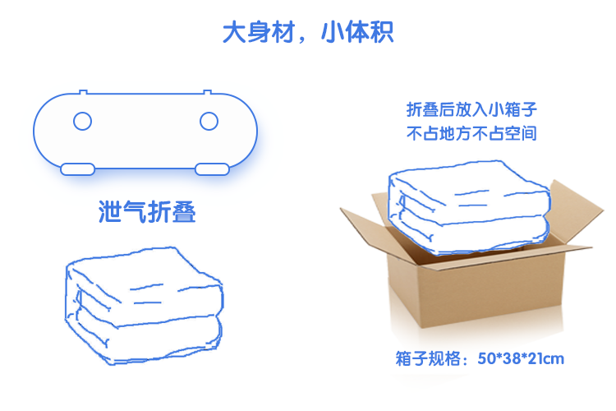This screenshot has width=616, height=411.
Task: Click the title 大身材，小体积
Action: pos(308,32)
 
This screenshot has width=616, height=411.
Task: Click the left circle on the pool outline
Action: pos(82,121)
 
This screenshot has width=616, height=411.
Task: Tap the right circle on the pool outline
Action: pos(209,121)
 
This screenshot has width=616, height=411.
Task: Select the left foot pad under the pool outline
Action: pos(78,169)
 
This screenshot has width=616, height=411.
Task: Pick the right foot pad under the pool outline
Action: pos(212,169)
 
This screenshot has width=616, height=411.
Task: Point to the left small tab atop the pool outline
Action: pos(83,92)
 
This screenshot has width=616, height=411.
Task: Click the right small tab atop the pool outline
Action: pos(208,92)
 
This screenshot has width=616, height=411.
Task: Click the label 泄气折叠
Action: pos(147,211)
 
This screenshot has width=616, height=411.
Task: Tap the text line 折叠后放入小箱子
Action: pos(471,109)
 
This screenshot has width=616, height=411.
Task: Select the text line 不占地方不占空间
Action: pos(471,133)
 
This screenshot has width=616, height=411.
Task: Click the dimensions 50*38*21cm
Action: pos(521,358)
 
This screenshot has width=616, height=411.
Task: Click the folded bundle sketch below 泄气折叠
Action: pos(145,306)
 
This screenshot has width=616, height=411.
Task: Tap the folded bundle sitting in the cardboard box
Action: pos(470,206)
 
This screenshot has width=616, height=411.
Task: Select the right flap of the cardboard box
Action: pos(576,211)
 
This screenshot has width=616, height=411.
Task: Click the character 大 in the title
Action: pos(235,32)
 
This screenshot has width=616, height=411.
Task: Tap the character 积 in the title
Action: pos(381,32)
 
